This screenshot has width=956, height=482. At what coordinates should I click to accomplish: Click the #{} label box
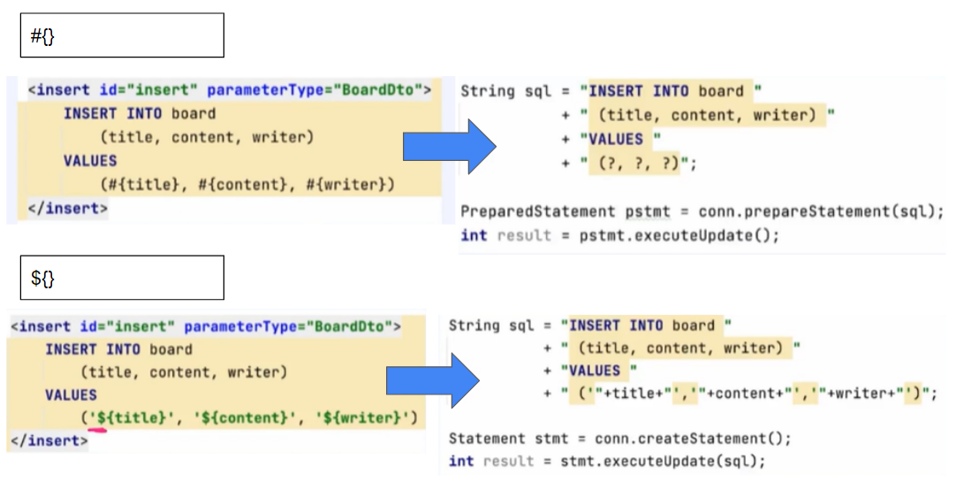[122, 35]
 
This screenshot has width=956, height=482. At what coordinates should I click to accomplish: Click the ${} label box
[122, 278]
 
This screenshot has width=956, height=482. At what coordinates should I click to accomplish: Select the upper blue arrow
[450, 145]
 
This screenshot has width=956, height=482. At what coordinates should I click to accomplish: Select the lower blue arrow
[432, 379]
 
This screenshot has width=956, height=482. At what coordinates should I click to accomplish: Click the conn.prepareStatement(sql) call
[821, 212]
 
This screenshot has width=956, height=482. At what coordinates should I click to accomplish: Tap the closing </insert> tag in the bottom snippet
[49, 440]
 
